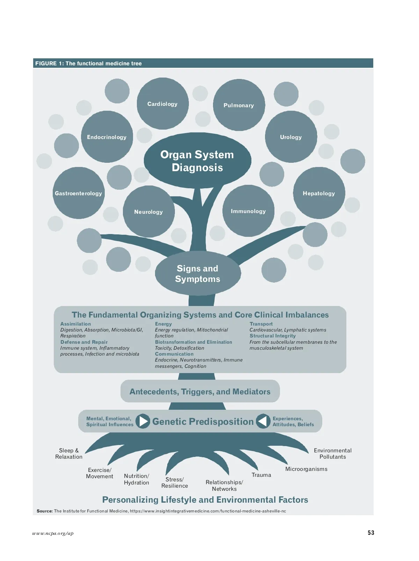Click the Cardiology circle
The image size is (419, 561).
(x=162, y=104)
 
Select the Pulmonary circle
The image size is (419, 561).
(x=239, y=105)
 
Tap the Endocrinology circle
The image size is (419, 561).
(x=107, y=137)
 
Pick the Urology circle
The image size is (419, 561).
(x=291, y=137)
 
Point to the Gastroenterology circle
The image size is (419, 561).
(x=79, y=193)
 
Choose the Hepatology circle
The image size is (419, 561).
(x=319, y=193)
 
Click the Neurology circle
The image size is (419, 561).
(x=149, y=212)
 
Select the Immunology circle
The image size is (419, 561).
(x=248, y=211)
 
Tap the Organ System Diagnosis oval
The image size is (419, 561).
(x=197, y=161)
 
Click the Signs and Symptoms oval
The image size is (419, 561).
(x=198, y=274)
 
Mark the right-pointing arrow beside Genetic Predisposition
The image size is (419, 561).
(x=142, y=421)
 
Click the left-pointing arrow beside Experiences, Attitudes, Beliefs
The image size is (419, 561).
(x=263, y=421)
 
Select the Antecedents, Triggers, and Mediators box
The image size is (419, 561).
(x=200, y=392)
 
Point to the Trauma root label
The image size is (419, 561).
(x=261, y=475)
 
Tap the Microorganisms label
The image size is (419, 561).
(x=306, y=469)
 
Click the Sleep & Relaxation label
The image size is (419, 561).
(x=69, y=453)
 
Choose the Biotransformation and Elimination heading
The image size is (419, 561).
(x=193, y=342)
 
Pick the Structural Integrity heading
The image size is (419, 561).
(x=273, y=336)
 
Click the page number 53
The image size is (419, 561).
(x=371, y=533)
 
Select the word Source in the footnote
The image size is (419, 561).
(x=44, y=511)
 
